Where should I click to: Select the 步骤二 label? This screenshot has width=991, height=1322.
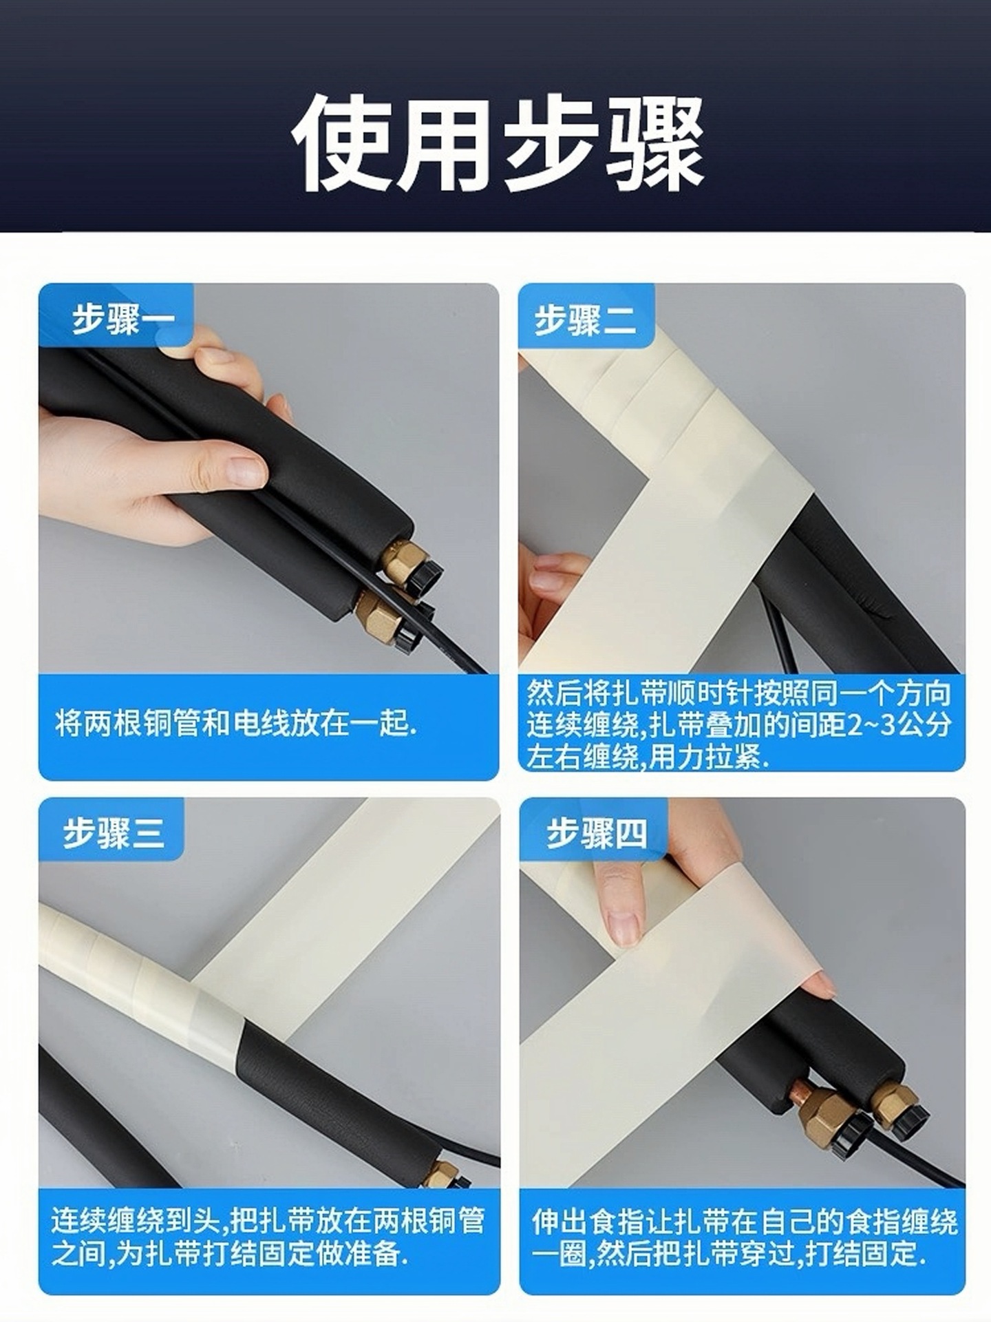click(x=585, y=320)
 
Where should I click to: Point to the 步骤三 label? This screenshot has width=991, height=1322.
click(x=114, y=833)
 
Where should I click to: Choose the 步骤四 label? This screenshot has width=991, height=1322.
click(x=596, y=834)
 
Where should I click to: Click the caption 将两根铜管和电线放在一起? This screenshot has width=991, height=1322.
click(x=236, y=724)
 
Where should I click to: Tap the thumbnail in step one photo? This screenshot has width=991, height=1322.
click(x=244, y=470)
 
